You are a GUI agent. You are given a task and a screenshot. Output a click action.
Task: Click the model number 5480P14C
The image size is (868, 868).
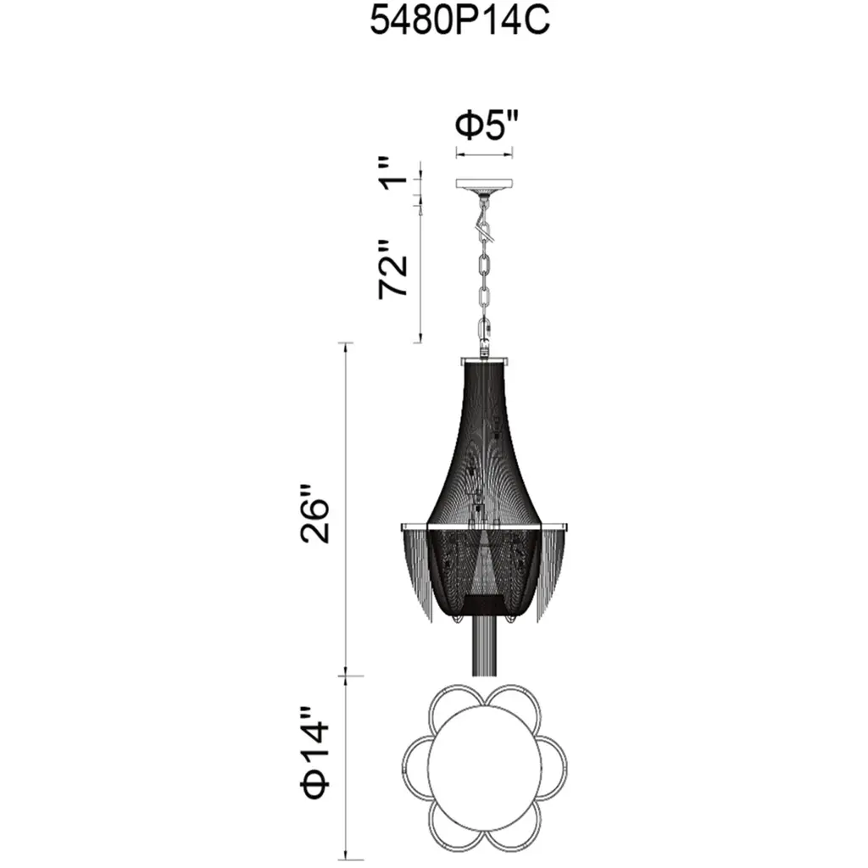(459, 21)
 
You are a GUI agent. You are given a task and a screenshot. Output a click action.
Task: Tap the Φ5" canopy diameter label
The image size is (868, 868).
(487, 125)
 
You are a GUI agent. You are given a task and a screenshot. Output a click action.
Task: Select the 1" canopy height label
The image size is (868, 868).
(393, 173)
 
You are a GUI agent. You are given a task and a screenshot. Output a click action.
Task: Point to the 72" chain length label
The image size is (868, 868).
(393, 270)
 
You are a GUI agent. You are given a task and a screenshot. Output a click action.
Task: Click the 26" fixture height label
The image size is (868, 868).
(315, 515)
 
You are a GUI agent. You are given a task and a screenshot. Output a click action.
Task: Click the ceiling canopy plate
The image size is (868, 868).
(484, 184)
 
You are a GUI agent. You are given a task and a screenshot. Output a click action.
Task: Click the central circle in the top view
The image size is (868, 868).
(484, 771)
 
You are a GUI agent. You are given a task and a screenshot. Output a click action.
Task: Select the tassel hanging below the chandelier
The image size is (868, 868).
(484, 647)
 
